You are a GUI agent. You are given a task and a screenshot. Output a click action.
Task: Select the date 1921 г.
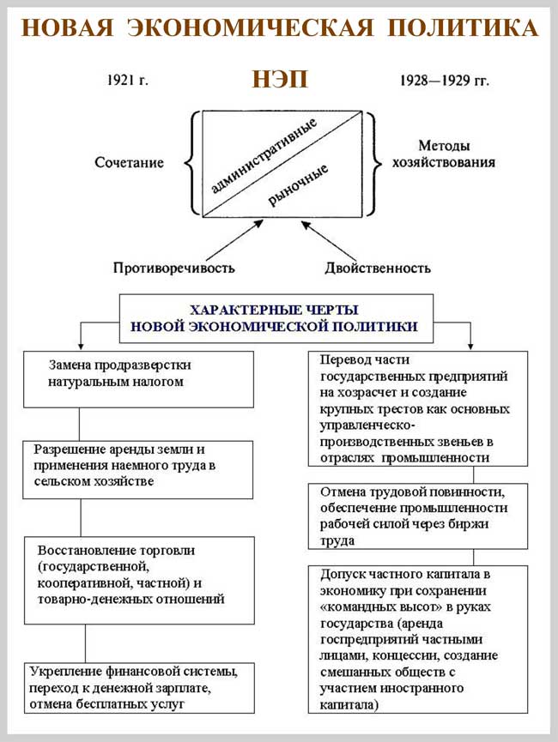pyautogui.click(x=129, y=81)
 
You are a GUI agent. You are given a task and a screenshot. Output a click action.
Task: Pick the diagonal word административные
pyautogui.click(x=264, y=155)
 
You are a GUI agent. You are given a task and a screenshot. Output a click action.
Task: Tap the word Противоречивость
pyautogui.click(x=173, y=268)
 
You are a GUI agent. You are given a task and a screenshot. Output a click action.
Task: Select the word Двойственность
pyautogui.click(x=378, y=268)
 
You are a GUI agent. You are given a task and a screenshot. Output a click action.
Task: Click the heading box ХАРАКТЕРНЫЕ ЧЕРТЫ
pyautogui.click(x=274, y=318)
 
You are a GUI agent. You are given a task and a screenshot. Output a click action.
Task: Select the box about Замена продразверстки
pyautogui.click(x=137, y=378)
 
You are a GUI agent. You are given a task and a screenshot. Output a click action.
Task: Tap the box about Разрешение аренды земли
pyautogui.click(x=137, y=468)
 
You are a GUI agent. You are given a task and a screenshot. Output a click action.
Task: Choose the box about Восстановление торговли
pyautogui.click(x=138, y=580)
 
